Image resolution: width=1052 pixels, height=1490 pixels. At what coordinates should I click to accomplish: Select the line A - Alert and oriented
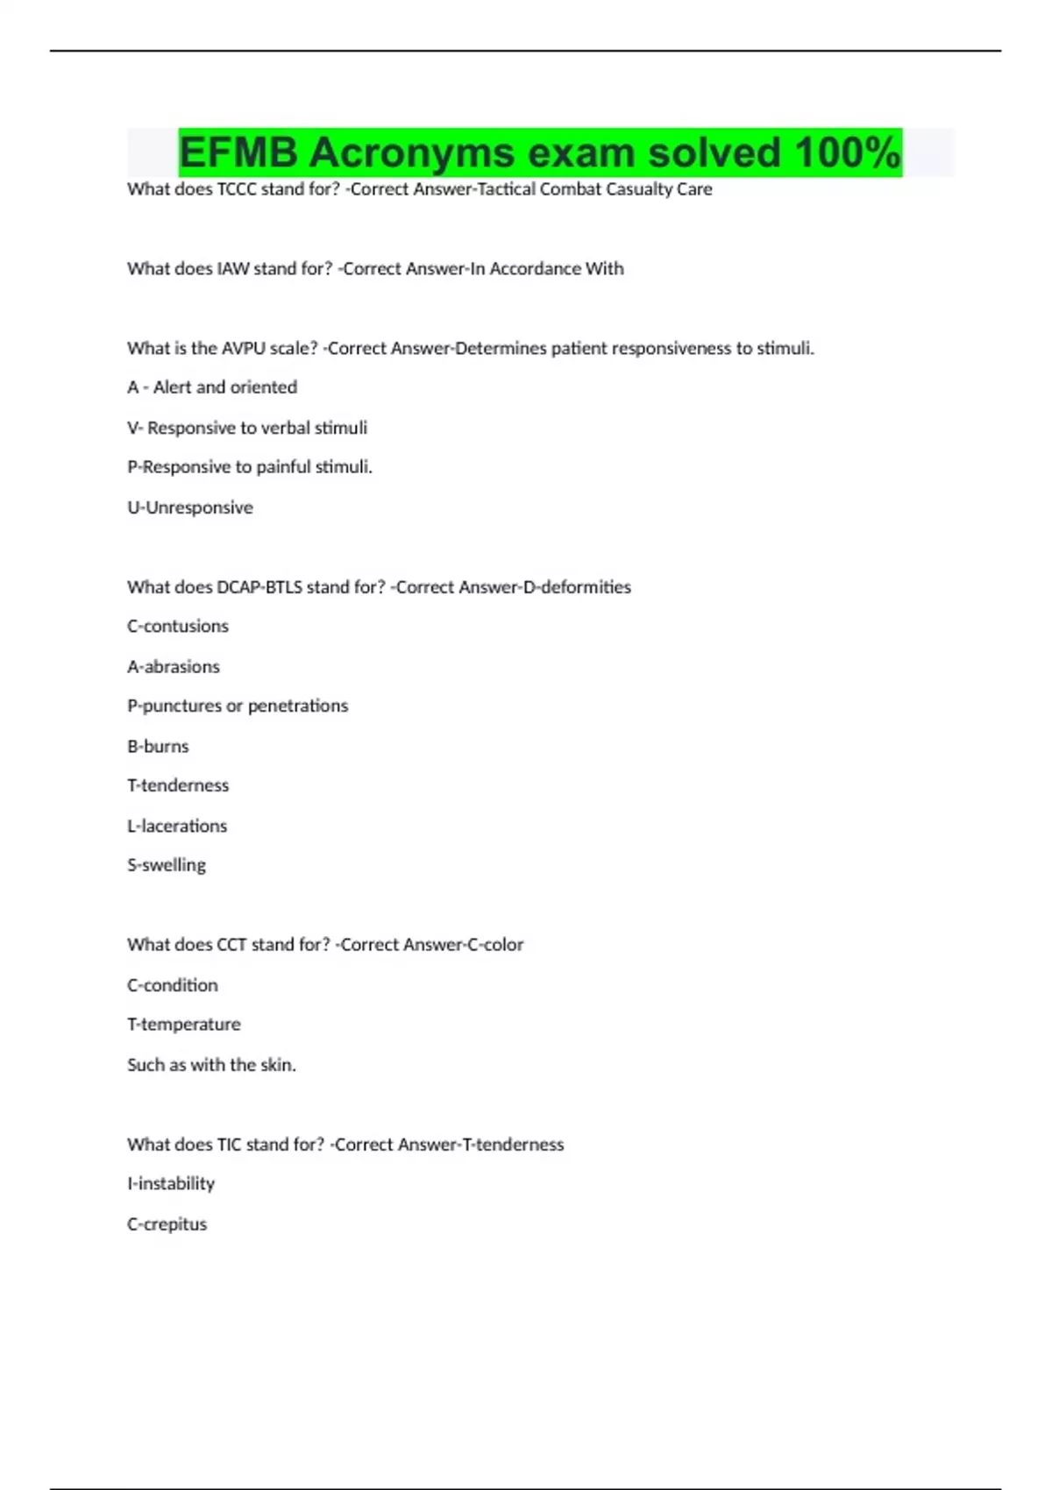pos(212,387)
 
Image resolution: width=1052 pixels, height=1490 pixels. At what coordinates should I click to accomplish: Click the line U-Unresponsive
pos(190,507)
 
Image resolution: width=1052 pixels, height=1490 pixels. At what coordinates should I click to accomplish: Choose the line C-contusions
pos(178,627)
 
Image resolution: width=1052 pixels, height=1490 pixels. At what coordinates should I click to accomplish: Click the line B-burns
pos(158,747)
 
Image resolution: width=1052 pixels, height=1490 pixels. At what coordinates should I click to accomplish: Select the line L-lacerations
pos(177,827)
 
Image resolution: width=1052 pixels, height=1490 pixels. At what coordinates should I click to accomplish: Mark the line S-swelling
pos(167,865)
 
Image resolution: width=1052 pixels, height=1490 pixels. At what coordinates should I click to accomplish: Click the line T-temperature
pos(184,1025)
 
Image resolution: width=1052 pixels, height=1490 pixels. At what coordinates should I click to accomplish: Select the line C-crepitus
pos(167,1224)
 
